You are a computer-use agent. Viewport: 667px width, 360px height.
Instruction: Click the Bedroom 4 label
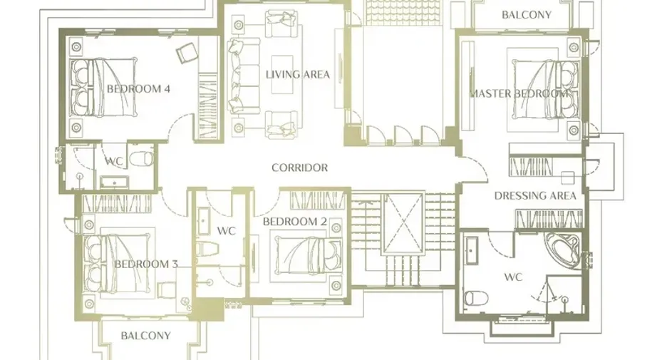click(138, 89)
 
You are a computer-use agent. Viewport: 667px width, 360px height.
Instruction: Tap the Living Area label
click(298, 74)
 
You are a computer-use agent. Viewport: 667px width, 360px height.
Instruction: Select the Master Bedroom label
click(519, 93)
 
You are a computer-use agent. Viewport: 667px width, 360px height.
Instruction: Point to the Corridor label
click(299, 168)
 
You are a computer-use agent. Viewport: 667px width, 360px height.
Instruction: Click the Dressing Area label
click(535, 196)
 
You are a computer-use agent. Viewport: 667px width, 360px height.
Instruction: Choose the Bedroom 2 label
click(295, 221)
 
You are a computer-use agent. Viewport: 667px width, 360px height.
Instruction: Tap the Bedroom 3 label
click(146, 264)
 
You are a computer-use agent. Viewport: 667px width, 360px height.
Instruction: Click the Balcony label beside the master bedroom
click(526, 15)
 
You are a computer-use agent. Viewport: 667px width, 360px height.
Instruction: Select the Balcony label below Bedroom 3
click(145, 336)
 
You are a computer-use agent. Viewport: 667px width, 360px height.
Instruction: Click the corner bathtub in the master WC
click(562, 250)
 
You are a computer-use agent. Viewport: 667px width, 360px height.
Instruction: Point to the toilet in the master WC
click(475, 298)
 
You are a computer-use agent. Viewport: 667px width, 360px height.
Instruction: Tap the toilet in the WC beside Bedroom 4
click(141, 159)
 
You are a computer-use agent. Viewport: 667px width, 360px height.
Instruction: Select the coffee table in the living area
click(282, 74)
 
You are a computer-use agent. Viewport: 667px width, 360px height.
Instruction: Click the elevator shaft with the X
click(403, 223)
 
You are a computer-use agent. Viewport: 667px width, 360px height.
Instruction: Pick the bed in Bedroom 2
click(309, 259)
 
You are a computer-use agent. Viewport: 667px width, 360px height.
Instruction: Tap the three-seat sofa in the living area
click(243, 76)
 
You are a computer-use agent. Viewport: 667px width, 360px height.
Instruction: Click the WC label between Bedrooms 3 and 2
click(226, 231)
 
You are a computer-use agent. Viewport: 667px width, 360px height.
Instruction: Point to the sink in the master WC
click(470, 251)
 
